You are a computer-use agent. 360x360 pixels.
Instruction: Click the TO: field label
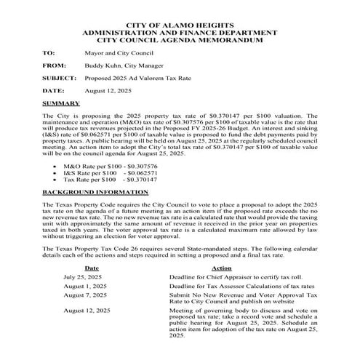pyautogui.click(x=49, y=53)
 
